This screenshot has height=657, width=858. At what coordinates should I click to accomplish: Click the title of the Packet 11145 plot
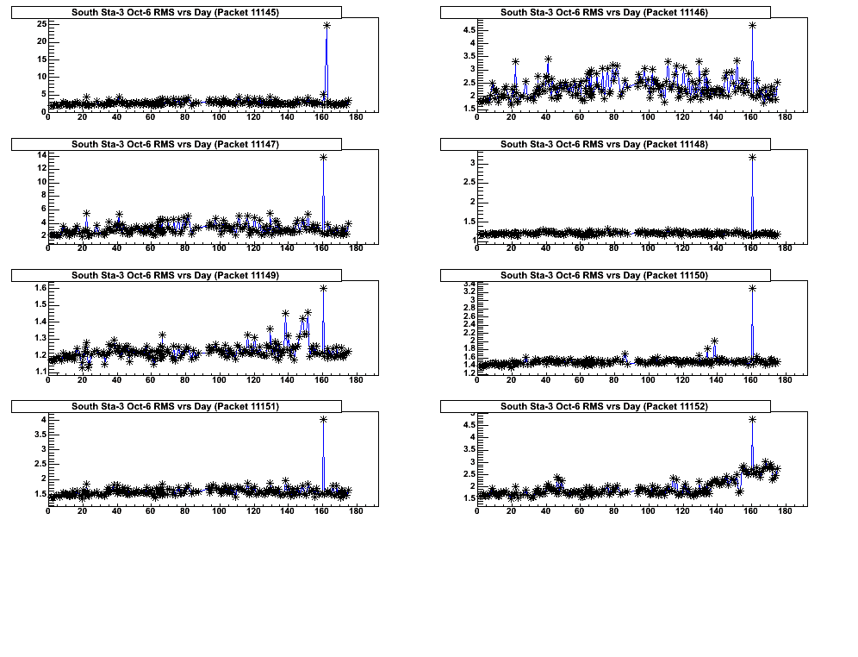click(176, 12)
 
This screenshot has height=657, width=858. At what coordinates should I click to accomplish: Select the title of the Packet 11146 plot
click(604, 12)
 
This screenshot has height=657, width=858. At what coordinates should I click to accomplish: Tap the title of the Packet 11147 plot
click(176, 144)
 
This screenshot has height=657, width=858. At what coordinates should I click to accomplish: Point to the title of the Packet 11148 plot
click(604, 144)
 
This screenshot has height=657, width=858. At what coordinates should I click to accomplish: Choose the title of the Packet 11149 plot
click(176, 275)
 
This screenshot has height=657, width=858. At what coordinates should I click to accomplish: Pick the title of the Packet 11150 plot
click(604, 275)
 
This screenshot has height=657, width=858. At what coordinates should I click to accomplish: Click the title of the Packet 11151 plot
click(176, 405)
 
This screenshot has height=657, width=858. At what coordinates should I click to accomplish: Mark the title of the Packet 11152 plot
click(604, 405)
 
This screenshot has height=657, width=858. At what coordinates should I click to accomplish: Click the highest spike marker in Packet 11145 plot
click(327, 25)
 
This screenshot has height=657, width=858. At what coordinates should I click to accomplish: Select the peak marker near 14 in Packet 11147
click(323, 157)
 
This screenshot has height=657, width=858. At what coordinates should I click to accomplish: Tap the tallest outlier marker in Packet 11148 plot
click(752, 157)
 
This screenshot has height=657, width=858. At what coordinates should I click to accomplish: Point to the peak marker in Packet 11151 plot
click(323, 419)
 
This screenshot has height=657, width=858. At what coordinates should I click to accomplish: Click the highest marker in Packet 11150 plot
click(752, 288)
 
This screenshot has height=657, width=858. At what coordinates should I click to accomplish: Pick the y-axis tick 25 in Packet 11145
click(40, 23)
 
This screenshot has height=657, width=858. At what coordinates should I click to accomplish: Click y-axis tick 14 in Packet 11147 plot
click(40, 155)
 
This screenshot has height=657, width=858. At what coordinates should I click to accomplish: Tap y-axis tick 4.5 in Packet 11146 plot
click(469, 30)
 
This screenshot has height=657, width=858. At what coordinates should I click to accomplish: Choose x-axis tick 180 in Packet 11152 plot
click(785, 510)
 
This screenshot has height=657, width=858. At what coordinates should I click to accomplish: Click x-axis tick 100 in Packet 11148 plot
click(648, 248)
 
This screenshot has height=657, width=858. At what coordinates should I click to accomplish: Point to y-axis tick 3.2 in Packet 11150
click(469, 291)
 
